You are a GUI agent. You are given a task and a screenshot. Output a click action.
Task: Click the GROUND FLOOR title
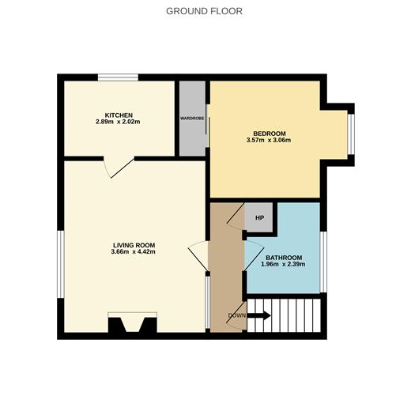point(204,11)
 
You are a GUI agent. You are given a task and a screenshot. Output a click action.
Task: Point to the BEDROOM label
point(270,133)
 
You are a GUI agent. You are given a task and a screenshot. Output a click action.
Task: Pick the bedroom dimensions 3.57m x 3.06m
point(270,141)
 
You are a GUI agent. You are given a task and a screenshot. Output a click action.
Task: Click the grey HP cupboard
point(258,217)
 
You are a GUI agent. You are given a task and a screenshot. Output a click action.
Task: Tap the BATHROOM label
point(283,258)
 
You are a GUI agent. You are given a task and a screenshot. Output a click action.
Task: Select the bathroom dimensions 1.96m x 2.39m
point(283,266)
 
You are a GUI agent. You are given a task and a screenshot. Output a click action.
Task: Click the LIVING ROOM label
point(133,245)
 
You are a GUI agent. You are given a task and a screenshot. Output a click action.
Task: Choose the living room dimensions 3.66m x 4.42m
point(133,253)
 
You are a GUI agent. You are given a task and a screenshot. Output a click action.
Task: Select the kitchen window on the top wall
point(118,77)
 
